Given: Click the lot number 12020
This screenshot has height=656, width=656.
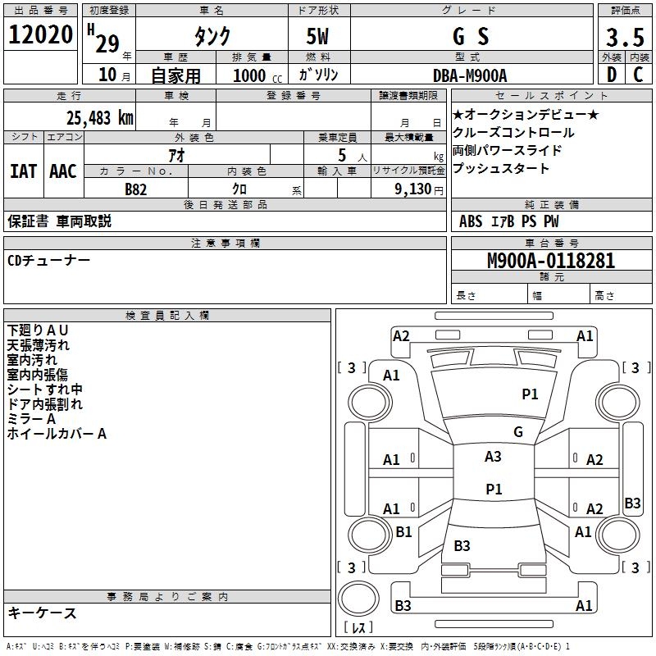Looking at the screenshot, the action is [x=40, y=36].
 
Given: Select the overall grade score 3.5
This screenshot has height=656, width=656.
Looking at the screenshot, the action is [x=624, y=37].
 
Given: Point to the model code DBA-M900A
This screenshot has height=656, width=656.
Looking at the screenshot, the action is [x=470, y=75].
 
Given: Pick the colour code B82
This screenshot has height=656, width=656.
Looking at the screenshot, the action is [x=136, y=189].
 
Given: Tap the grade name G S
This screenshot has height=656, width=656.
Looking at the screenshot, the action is [x=471, y=37].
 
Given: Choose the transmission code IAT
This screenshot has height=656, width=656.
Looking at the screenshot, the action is [x=23, y=171].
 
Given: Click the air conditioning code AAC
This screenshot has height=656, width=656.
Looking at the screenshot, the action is [x=63, y=171].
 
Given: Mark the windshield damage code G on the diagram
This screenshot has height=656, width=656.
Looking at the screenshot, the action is [x=518, y=431].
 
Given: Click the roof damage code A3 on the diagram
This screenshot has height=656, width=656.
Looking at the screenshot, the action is [x=493, y=457].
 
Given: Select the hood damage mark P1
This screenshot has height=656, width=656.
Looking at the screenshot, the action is [x=531, y=394].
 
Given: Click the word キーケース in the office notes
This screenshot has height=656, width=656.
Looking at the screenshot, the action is [x=43, y=613].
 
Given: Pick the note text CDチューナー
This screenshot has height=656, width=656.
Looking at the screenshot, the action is [x=49, y=260].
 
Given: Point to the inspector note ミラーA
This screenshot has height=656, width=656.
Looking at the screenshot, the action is [x=32, y=419].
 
